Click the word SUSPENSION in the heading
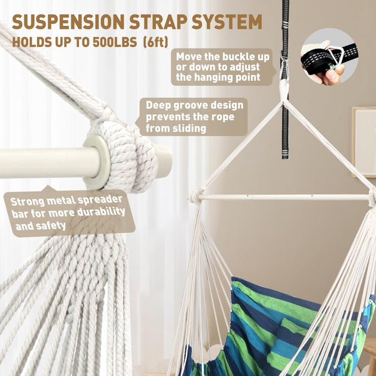[68, 22]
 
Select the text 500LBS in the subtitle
[115, 42]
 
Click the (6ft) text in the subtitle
[156, 42]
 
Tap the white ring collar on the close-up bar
[97, 162]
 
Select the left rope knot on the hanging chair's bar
[196, 196]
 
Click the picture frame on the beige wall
[364, 142]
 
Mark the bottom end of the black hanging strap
[285, 159]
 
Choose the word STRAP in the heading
[158, 22]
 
